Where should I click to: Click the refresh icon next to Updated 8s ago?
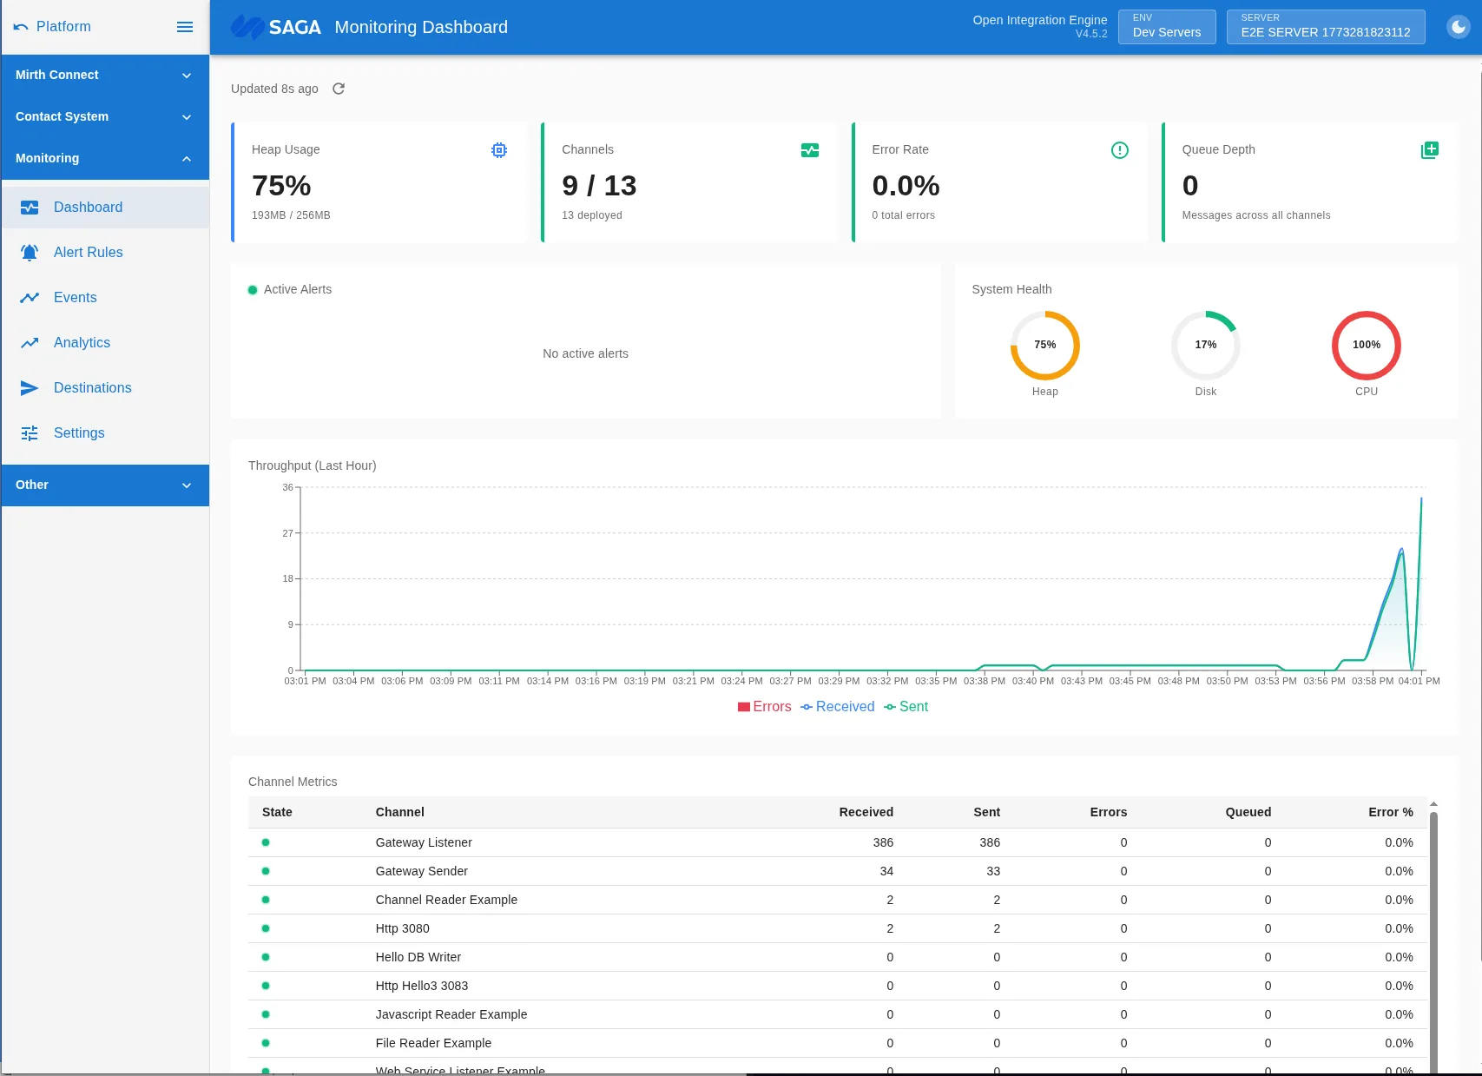[339, 89]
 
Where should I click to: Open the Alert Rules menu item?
[88, 252]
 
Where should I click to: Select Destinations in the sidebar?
[92, 387]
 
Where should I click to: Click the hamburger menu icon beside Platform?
[185, 27]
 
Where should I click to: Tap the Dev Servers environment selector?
[1166, 27]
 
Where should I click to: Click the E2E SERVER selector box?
[1325, 27]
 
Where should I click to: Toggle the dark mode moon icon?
[1458, 27]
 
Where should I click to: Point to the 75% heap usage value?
[281, 186]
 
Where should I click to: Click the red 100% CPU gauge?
[1366, 345]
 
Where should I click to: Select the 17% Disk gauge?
[1205, 345]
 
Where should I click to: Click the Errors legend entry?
[765, 707]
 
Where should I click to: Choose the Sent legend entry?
[906, 707]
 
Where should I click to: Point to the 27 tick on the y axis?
[287, 533]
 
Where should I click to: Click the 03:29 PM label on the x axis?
[838, 681]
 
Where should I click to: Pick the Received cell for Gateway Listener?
[882, 842]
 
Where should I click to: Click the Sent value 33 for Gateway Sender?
[992, 871]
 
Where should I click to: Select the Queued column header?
[1248, 812]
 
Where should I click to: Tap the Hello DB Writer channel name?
[418, 957]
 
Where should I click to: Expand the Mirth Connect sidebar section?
[104, 76]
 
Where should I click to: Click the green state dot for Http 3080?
[266, 928]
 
